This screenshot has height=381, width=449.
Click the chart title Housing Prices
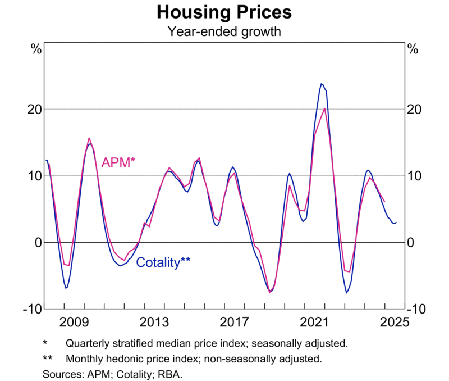(x=224, y=12)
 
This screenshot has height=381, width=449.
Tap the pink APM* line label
(x=118, y=163)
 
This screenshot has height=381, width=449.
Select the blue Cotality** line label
(x=163, y=262)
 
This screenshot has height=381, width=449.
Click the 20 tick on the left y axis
(x=34, y=109)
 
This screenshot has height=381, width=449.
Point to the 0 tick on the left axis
(x=38, y=242)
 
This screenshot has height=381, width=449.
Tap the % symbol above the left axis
(x=36, y=49)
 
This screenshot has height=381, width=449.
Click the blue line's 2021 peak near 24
(x=322, y=84)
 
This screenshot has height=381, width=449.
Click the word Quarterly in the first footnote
(x=88, y=343)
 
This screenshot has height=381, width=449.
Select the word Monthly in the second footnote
(x=85, y=358)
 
